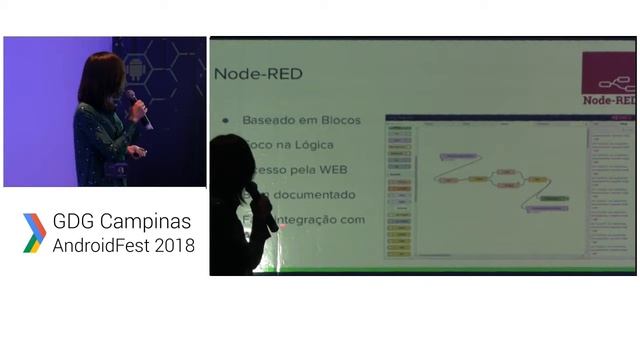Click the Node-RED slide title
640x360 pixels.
tap(258, 74)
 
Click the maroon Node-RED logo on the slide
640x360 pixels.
tap(608, 79)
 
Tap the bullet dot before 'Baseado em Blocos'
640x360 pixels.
tap(225, 120)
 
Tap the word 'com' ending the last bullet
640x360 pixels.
tap(351, 219)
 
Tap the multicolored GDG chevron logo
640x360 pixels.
tap(34, 233)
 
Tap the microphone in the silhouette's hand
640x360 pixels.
tap(264, 206)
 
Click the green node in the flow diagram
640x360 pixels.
tap(553, 198)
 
